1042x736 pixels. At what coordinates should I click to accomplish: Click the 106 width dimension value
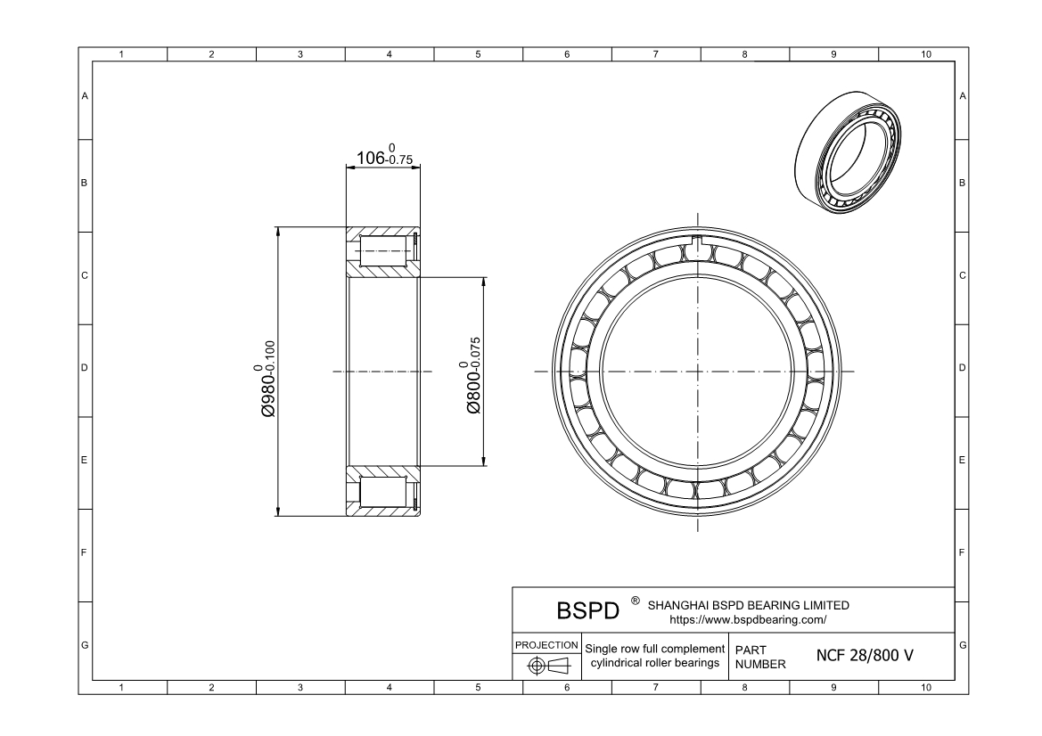click(x=371, y=158)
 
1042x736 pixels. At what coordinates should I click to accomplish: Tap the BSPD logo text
click(x=587, y=610)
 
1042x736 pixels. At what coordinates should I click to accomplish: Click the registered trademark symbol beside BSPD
click(x=636, y=601)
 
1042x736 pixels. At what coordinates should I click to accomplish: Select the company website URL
click(x=748, y=620)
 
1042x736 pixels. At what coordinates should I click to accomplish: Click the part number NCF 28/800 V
click(x=865, y=656)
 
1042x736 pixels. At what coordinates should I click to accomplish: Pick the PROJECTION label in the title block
click(x=546, y=645)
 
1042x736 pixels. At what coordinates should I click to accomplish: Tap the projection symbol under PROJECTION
click(x=548, y=665)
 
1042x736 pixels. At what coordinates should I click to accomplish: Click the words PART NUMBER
click(x=759, y=657)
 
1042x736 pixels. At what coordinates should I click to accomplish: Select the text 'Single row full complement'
click(x=654, y=649)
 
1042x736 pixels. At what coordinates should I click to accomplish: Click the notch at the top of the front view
click(x=698, y=241)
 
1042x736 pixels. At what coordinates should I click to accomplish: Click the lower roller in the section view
click(x=382, y=492)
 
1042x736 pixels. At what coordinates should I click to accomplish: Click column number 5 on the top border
click(x=478, y=54)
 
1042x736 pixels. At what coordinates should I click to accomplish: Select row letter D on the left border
click(x=85, y=367)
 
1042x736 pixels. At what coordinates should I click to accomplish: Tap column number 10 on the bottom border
click(x=926, y=688)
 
